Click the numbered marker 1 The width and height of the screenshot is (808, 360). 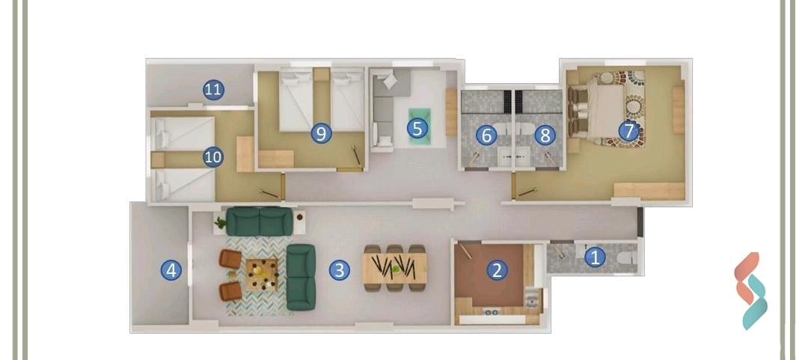click(x=595, y=257)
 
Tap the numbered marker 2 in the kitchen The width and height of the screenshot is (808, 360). click(x=496, y=270)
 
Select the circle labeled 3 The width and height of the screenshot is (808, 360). click(x=340, y=269)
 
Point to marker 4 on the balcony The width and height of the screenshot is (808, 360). click(x=172, y=270)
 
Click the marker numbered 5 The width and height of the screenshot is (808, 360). click(x=417, y=128)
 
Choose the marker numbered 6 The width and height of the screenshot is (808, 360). click(x=486, y=135)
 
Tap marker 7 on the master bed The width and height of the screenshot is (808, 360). click(x=628, y=131)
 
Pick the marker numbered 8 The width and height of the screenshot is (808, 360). click(x=544, y=135)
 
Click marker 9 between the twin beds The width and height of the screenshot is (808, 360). click(x=321, y=133)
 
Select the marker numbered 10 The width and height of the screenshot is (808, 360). click(x=213, y=157)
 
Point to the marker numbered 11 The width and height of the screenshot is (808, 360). click(x=213, y=91)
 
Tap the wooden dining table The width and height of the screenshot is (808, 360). click(x=395, y=267)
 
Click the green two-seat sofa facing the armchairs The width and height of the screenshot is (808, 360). click(x=302, y=276)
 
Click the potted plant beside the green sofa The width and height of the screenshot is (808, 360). click(x=220, y=222)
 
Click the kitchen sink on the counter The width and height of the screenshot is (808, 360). click(x=532, y=300)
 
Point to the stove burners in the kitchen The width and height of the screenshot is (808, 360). click(x=492, y=312)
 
